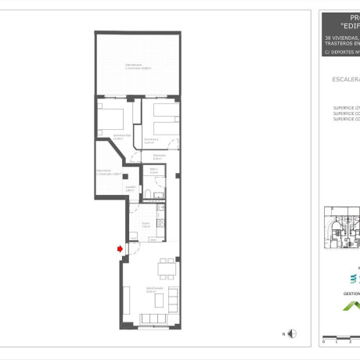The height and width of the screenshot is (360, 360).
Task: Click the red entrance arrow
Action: (x=119, y=249)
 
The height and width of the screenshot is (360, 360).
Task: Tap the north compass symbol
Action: (x=291, y=334)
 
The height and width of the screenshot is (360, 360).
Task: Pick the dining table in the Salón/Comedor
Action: (x=166, y=270)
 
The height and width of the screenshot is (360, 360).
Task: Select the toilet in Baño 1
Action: (x=157, y=193)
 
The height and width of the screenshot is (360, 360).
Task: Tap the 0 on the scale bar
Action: (x=324, y=342)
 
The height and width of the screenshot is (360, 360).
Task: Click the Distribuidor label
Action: (x=157, y=157)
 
